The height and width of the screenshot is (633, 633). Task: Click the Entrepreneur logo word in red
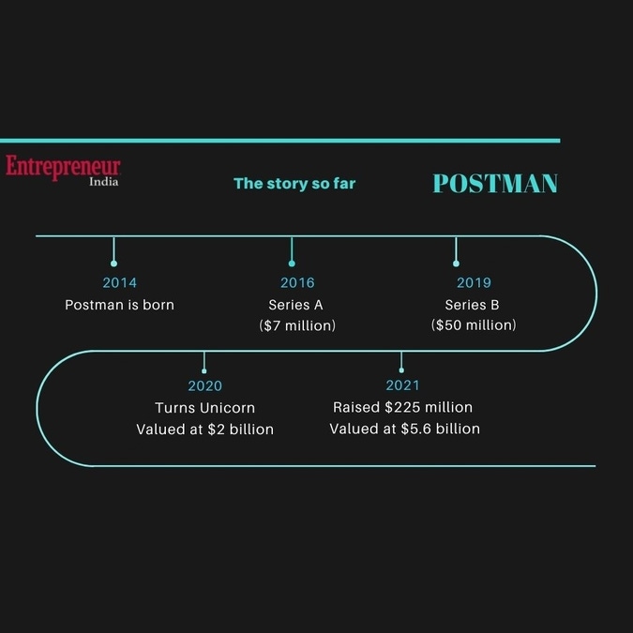tap(63, 166)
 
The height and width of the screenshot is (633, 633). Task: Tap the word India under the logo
tap(104, 182)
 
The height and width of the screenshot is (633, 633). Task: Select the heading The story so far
tap(294, 184)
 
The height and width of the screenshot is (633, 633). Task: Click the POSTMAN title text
tap(495, 183)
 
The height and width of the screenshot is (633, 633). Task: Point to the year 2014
tap(119, 282)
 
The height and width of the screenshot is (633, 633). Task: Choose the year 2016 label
tap(297, 282)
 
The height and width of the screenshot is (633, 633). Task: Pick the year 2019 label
tap(474, 282)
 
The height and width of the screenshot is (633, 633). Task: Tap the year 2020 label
tap(205, 386)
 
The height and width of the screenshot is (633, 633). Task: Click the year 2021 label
tap(402, 385)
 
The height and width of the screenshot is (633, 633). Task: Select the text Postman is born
tap(119, 305)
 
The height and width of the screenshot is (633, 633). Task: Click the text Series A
tap(296, 305)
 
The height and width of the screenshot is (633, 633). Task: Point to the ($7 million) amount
tap(297, 325)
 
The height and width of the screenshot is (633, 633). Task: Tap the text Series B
tap(472, 305)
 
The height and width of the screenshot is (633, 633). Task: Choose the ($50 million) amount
tap(474, 325)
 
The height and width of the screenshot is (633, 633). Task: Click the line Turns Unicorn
tap(205, 408)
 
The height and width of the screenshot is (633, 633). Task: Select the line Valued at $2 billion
tap(205, 430)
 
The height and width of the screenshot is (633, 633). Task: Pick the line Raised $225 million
tap(402, 407)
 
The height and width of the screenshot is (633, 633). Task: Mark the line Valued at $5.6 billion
tap(405, 429)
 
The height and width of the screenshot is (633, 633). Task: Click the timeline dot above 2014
tap(113, 264)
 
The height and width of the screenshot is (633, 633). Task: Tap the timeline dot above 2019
tap(456, 264)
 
